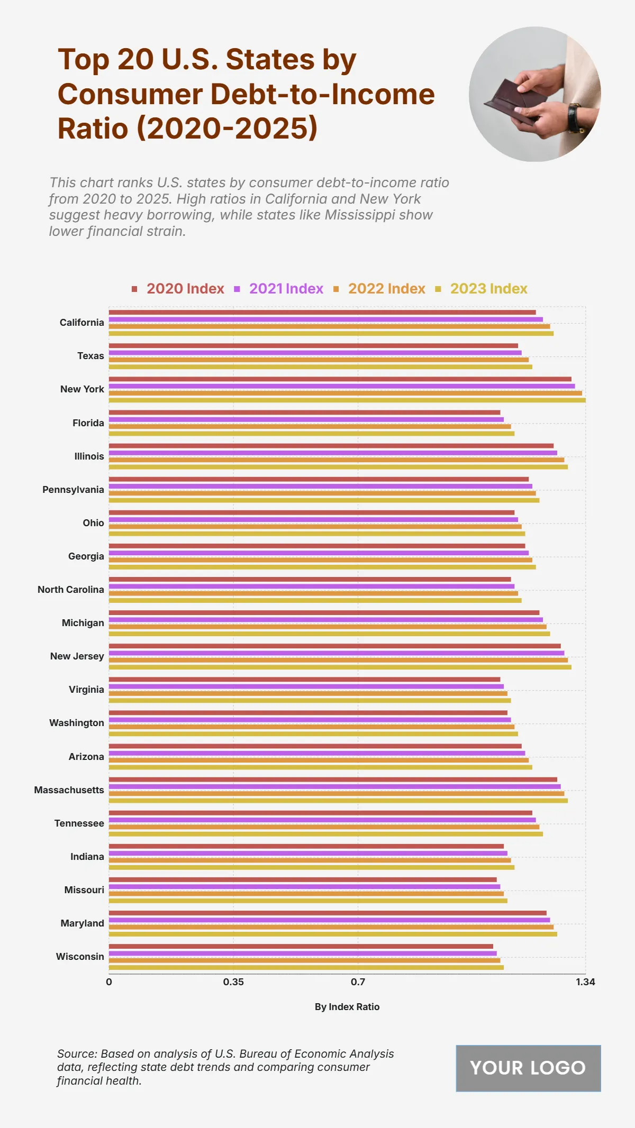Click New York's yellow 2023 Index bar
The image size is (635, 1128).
347,400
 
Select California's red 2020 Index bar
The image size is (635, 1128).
322,313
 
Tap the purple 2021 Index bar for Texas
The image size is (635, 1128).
315,353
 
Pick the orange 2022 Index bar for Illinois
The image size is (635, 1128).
337,460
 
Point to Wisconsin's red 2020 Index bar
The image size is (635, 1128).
301,947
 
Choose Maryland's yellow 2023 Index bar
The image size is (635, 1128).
333,934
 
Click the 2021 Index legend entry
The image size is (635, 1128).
286,289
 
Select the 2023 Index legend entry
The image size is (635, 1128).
488,289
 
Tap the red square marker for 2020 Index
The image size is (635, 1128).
134,289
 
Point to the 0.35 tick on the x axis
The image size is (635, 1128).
233,982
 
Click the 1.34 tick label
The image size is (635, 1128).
585,982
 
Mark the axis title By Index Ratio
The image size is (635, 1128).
347,1007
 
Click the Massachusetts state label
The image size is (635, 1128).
69,790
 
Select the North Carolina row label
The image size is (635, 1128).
71,590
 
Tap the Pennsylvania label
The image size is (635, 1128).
73,490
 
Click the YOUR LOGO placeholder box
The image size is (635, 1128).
528,1068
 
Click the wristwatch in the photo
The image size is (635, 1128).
575,117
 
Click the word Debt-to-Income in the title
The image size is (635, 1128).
323,94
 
